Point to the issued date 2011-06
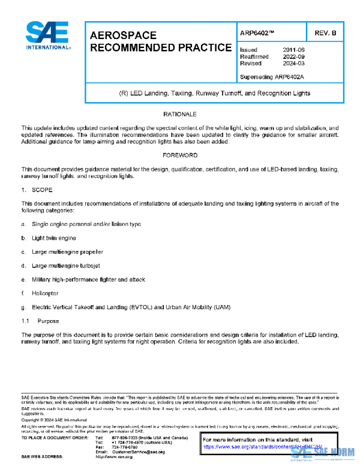click(x=293, y=50)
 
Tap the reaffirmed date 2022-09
click(x=293, y=56)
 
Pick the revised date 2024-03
click(x=293, y=63)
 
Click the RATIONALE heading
click(x=180, y=114)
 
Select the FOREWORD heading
click(x=180, y=155)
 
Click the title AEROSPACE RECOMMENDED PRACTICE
click(x=160, y=41)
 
